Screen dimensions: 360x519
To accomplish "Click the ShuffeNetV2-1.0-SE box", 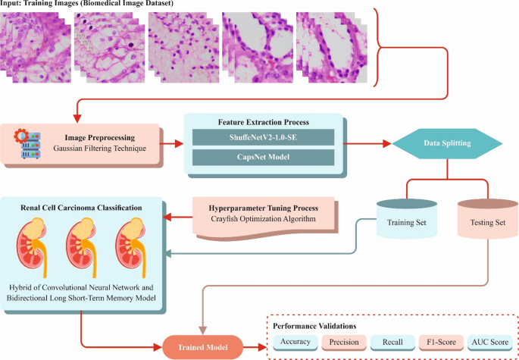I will pos(263,138).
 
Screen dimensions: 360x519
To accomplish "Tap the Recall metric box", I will pos(392,343).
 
